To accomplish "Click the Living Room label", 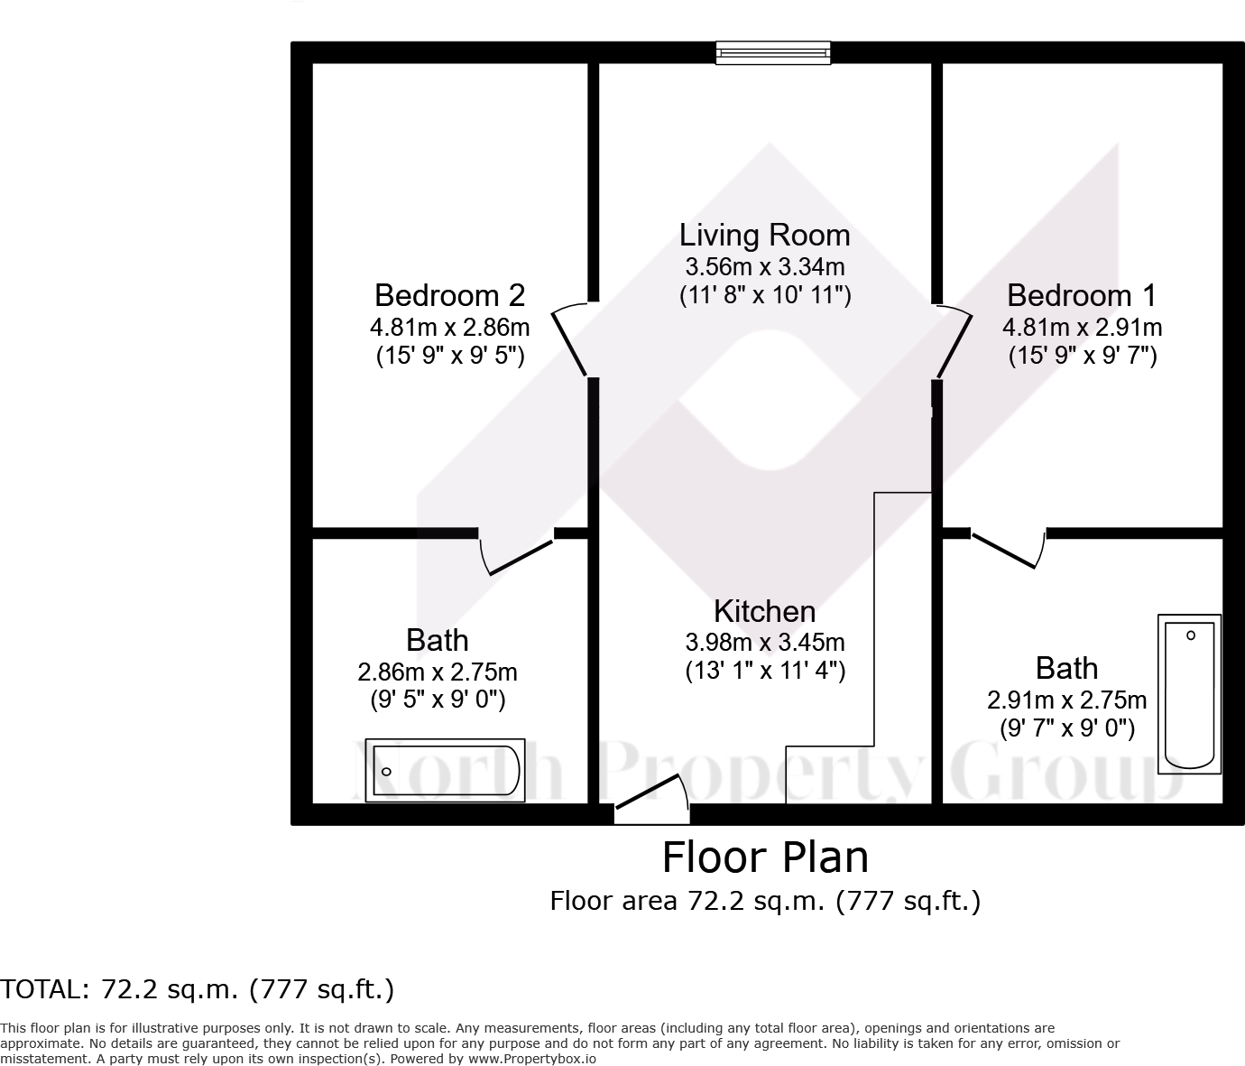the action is [x=764, y=236].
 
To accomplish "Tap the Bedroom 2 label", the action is [x=450, y=295].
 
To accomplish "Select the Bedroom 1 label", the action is [x=1082, y=295].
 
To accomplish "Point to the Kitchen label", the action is [x=764, y=611].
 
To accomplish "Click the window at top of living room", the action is [x=773, y=52].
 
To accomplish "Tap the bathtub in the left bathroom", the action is [x=445, y=771].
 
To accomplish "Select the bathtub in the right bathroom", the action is [x=1190, y=694].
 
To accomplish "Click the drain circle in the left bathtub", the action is [x=387, y=772].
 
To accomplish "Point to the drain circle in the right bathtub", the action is [x=1191, y=635].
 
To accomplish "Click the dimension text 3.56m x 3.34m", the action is [x=765, y=266].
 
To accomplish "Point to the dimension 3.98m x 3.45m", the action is [x=765, y=643].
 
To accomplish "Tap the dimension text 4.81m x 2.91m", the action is [x=1083, y=328].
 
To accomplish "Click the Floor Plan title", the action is [x=766, y=857].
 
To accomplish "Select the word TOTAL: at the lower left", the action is [x=45, y=989].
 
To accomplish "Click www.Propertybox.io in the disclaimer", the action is [x=532, y=1059].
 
